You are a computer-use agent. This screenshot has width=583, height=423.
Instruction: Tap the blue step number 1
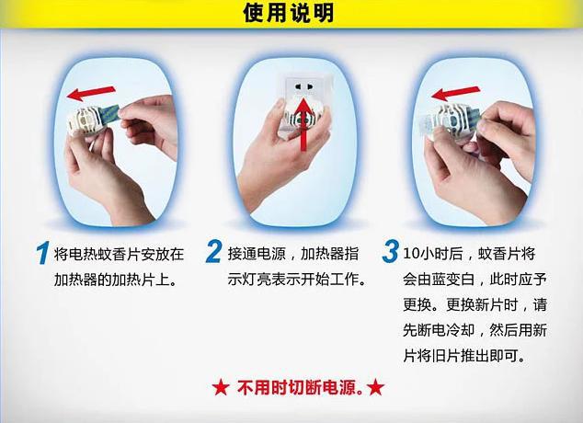pyautogui.click(x=41, y=252)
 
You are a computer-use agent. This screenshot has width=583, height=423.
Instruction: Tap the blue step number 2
pyautogui.click(x=213, y=252)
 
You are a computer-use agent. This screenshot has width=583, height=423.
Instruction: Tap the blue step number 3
pyautogui.click(x=390, y=252)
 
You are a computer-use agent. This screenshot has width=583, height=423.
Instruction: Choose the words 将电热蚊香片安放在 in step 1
pyautogui.click(x=120, y=253)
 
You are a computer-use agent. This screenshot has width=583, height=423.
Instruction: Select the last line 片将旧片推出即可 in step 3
pyautogui.click(x=469, y=355)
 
